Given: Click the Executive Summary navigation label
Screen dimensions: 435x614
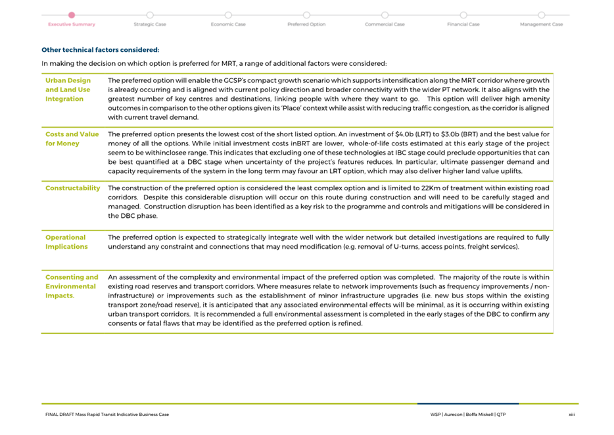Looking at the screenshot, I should [x=72, y=24].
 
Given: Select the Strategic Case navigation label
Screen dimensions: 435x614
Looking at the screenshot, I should [x=150, y=24].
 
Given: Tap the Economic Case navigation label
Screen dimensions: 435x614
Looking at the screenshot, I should [x=228, y=24].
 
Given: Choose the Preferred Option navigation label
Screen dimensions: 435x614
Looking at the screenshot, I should [x=306, y=24].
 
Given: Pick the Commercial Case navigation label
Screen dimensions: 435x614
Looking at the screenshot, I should [x=385, y=24].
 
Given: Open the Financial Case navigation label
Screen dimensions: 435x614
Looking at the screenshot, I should [x=463, y=24].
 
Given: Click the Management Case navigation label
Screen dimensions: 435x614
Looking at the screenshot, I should [x=541, y=24].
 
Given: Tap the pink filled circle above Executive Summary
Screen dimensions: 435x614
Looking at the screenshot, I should [x=72, y=14].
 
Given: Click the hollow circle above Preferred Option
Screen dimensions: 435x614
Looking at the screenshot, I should [x=306, y=14].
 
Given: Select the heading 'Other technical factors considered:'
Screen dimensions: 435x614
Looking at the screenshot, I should [x=100, y=49].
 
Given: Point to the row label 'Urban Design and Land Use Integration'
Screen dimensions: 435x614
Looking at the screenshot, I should [x=68, y=90].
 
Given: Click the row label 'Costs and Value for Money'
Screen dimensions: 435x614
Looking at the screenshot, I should [x=72, y=138].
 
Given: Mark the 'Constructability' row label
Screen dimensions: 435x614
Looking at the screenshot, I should [x=72, y=188].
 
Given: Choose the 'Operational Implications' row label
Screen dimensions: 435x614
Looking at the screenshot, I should [x=66, y=242].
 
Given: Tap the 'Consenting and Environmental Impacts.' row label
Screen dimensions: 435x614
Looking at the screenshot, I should [x=72, y=286].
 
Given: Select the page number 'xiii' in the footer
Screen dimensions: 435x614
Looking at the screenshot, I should [x=571, y=415].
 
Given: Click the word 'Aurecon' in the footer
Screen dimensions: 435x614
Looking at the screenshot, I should [x=453, y=415].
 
